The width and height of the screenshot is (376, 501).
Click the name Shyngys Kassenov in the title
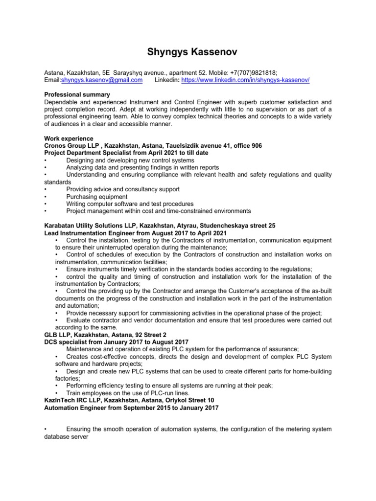coord(188,52)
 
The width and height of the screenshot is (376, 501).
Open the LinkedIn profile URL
coord(245,80)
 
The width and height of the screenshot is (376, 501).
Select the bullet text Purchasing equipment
coord(96,197)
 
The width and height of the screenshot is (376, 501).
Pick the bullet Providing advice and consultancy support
coord(123,189)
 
